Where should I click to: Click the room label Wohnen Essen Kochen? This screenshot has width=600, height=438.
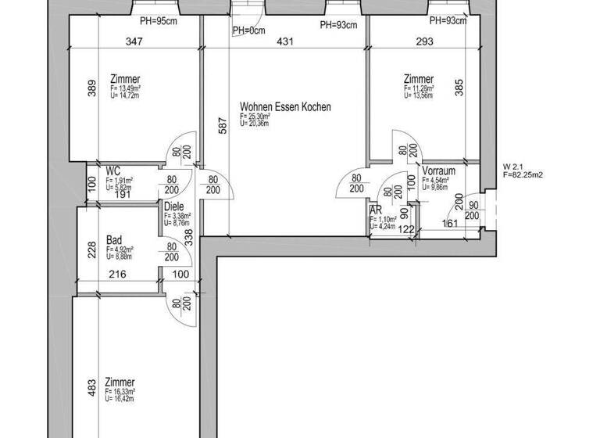coord(285,106)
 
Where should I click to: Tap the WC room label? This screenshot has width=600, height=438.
coord(113,170)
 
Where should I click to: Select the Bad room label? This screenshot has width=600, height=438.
coord(115,241)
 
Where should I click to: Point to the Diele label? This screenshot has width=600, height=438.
coord(173,206)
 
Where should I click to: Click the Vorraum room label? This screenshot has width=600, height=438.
coord(438,171)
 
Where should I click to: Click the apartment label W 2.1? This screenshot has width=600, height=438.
coord(512,167)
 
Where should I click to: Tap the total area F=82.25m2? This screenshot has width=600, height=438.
coord(523,175)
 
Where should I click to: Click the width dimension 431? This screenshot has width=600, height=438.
coord(286,41)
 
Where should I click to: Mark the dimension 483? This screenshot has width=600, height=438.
coord(91,388)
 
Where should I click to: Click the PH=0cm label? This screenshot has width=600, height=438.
coord(248,31)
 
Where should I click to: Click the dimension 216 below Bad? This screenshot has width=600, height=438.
coord(116,275)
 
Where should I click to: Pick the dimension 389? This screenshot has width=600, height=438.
coord(91,87)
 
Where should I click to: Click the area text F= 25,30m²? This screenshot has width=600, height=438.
coord(257,117)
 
